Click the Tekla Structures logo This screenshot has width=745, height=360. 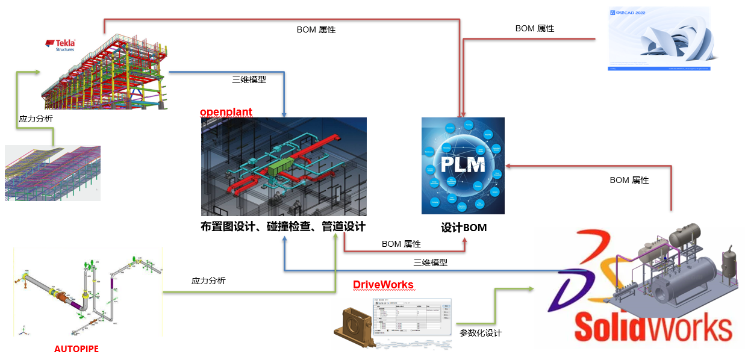60,45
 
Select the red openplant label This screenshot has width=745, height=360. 226,112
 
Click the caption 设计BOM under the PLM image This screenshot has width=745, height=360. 463,228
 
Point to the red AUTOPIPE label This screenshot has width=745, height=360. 76,349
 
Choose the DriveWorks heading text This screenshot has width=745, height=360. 383,284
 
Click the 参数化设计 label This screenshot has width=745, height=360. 480,333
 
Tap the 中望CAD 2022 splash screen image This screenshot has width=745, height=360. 658,39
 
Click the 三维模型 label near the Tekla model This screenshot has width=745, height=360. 249,79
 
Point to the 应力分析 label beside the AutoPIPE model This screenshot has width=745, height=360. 208,281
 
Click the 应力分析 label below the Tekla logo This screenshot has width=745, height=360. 36,119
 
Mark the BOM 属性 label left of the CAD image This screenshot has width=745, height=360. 535,28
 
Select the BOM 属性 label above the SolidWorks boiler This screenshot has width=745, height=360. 629,180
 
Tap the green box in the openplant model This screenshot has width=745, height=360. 279,167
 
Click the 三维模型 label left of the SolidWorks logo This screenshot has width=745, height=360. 430,262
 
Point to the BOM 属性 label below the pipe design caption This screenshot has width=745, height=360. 401,244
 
